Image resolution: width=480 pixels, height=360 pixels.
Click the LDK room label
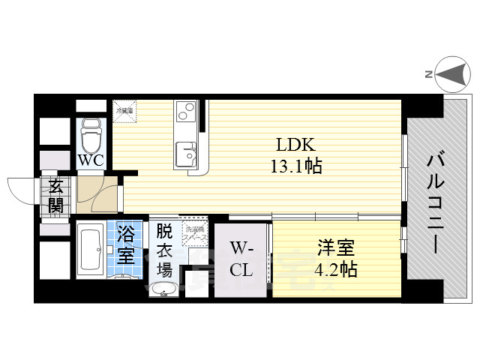[291, 145]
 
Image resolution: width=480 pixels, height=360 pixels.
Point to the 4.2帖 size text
[335, 268]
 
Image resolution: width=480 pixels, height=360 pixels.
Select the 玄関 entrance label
[57, 196]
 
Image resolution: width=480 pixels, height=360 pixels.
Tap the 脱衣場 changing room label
[164, 249]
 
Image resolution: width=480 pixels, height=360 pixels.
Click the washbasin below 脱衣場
[163, 289]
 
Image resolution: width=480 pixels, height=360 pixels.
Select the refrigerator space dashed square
[124, 109]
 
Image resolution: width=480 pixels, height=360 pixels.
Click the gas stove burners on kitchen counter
[184, 115]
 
